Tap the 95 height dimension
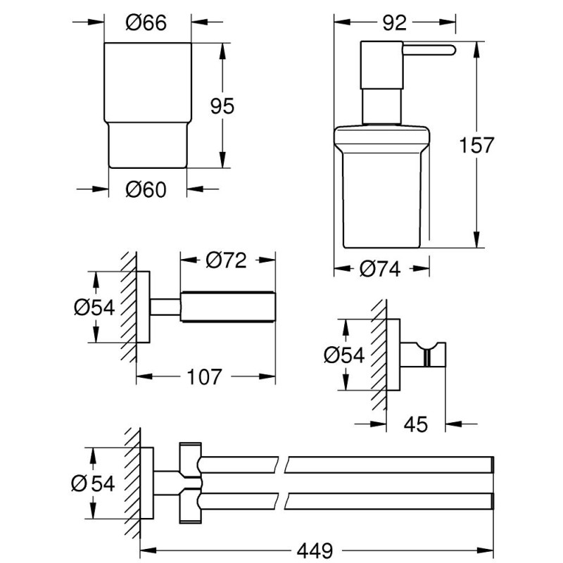222,106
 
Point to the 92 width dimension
395,23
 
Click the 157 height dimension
476,146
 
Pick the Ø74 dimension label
380,269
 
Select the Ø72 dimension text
227,260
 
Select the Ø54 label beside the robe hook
344,355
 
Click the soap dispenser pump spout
426,49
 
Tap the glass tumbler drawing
146,106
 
